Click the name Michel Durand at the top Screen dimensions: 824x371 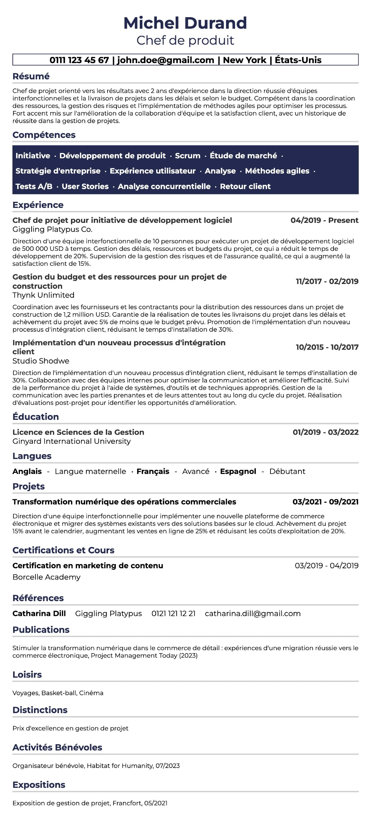185,23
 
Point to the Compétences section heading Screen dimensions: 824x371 44,135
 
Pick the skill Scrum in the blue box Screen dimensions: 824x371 188,156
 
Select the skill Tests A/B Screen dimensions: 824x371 34,187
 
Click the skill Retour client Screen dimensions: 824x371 245,187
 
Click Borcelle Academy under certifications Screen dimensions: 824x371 46,577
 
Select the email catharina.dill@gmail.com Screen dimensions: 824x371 253,614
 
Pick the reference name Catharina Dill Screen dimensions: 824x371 39,614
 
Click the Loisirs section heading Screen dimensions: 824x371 27,675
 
